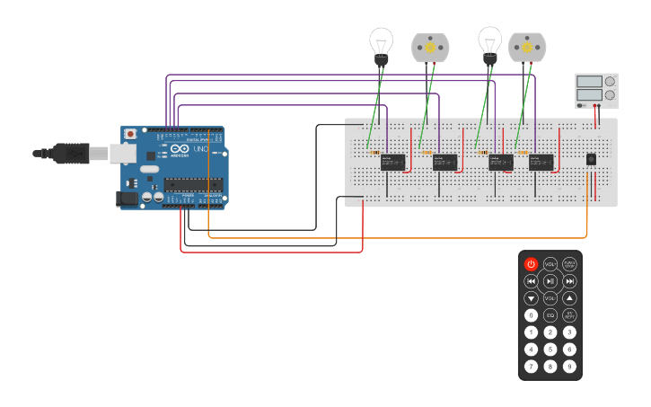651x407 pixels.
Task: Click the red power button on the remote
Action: (531, 264)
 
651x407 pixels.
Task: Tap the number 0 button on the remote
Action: (531, 315)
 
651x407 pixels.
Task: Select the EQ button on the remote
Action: (550, 315)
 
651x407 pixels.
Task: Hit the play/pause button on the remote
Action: (550, 281)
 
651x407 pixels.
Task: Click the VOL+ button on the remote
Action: (550, 264)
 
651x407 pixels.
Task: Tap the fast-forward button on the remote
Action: (569, 281)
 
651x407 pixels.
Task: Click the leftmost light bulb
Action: (381, 44)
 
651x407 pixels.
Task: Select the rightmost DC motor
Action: (526, 48)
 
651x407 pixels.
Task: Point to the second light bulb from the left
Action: (489, 44)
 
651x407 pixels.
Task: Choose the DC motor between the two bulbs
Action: (429, 48)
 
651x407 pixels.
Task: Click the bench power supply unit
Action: (596, 92)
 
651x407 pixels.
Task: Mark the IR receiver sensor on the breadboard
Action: (590, 159)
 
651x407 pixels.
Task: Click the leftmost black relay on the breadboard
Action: (391, 162)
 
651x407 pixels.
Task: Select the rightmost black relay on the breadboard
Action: (541, 162)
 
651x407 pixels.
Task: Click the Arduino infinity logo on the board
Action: (178, 150)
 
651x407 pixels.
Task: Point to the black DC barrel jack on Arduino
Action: (129, 199)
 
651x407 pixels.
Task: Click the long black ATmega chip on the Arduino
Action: (193, 185)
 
